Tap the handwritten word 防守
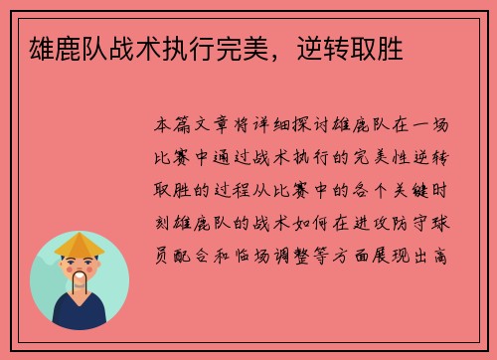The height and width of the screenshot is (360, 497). [x=408, y=224]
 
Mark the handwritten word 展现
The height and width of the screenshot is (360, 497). [x=408, y=256]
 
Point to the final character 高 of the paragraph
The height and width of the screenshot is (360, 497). [x=450, y=256]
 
